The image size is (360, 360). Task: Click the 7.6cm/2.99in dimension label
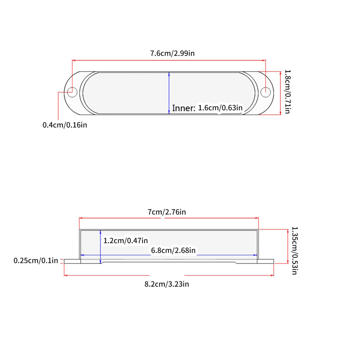[x=172, y=53]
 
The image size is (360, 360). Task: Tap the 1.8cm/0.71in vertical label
[x=287, y=92]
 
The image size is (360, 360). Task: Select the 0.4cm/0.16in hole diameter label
[x=65, y=125]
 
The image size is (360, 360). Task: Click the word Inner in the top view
[x=183, y=108]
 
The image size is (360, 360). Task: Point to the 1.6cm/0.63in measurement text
[x=220, y=108]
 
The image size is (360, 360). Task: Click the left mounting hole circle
[x=72, y=92]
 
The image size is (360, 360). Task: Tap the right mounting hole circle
[x=266, y=92]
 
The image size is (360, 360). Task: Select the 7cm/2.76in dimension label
[x=167, y=212]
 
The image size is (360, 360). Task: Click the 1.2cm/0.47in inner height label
[x=125, y=241]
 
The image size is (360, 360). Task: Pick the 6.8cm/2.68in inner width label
[x=173, y=250]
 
